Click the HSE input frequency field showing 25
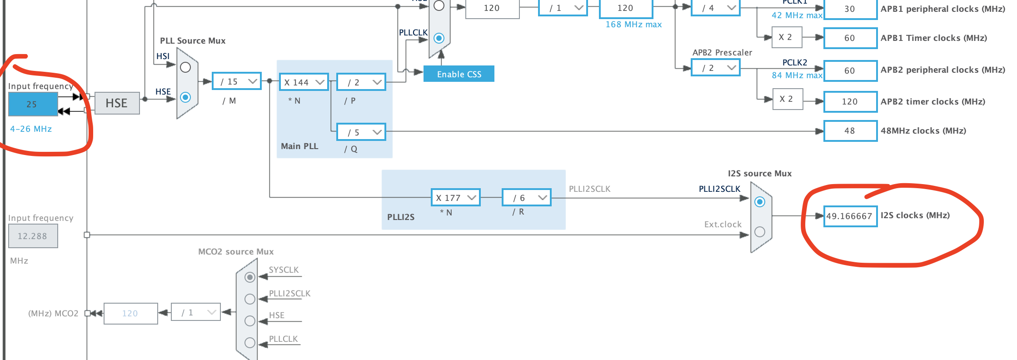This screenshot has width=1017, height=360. (x=33, y=104)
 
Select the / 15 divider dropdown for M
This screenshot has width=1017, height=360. (x=237, y=81)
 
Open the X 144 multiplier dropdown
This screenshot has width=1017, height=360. (x=304, y=82)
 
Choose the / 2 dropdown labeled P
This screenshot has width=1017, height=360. (x=361, y=82)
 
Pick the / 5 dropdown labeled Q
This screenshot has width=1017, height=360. (x=361, y=132)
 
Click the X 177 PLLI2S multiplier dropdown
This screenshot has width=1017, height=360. (x=455, y=198)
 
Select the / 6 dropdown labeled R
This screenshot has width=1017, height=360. (x=527, y=198)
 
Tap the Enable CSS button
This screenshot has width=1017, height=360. (x=459, y=74)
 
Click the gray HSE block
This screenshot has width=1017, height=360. (x=117, y=103)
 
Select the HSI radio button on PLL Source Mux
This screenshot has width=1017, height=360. (x=185, y=68)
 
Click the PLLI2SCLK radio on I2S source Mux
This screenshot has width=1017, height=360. (x=760, y=202)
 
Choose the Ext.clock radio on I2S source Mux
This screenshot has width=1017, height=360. (x=760, y=232)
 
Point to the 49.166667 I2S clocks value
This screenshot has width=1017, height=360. (x=850, y=216)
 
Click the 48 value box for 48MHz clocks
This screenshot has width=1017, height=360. (x=850, y=131)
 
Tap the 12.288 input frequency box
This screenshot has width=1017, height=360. (x=33, y=236)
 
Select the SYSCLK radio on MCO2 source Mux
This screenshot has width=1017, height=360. (x=250, y=277)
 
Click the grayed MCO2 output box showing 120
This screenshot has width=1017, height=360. (x=130, y=314)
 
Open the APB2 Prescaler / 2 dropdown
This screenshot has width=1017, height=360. (x=715, y=68)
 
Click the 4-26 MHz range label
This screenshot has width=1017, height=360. (x=31, y=129)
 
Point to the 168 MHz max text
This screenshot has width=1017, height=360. (x=633, y=25)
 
